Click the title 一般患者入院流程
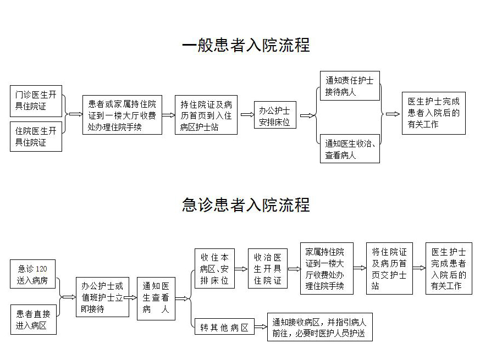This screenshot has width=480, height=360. (x=245, y=45)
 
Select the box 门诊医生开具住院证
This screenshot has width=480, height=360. (x=36, y=101)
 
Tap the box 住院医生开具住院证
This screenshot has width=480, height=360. (x=36, y=137)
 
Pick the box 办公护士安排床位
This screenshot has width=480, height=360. (x=275, y=115)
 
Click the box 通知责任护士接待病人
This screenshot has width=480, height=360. (x=350, y=86)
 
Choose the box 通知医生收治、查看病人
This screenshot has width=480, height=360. (x=350, y=149)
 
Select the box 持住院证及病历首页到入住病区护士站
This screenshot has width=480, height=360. (x=206, y=115)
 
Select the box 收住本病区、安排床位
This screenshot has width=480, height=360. (x=214, y=268)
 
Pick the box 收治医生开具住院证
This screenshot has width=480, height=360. (x=268, y=268)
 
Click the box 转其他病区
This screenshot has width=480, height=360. (x=224, y=328)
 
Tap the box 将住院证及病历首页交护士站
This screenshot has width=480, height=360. (x=389, y=268)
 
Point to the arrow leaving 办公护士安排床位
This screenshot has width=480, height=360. (x=308, y=115)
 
